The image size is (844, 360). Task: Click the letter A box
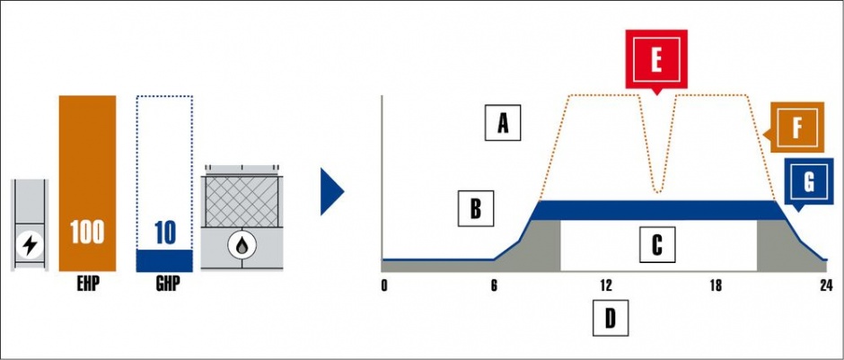pos(502,123)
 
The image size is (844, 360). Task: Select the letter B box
pos(476,207)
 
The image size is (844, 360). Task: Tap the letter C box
pos(657,244)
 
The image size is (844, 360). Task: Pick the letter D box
pos(610,318)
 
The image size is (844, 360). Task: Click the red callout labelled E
pos(656,60)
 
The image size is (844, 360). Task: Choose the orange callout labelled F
pos(795,127)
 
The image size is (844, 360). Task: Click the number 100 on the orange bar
pos(87,232)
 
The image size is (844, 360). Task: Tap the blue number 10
pos(164,233)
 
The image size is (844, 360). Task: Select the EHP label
pos(88,283)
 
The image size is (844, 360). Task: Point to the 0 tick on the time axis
pos(383,285)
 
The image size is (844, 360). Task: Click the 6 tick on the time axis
pos(494,285)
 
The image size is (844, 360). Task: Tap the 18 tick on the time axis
pos(716,285)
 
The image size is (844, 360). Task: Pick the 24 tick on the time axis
pos(827,285)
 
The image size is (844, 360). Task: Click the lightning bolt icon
pos(30,245)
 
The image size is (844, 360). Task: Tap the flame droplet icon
pos(242,245)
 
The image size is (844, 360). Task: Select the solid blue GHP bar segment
pos(164,260)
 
